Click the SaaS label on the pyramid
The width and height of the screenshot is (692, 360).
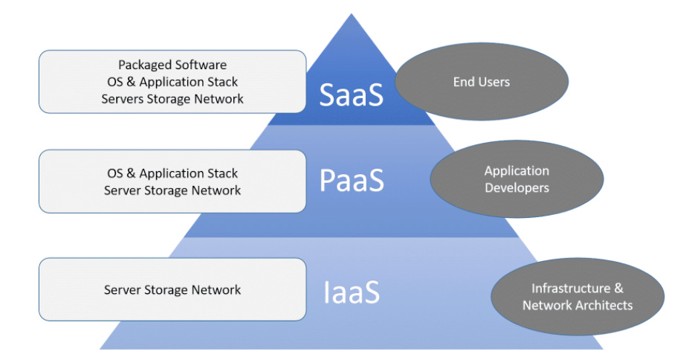[x=352, y=94]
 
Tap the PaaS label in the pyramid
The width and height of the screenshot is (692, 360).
[x=352, y=180]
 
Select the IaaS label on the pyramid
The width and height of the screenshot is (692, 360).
[x=352, y=292]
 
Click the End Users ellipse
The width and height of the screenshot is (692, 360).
[x=482, y=81]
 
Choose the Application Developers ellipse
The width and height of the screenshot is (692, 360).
[x=517, y=179]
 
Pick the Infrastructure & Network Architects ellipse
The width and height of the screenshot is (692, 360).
[x=578, y=296]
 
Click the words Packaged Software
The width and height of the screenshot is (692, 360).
[x=172, y=65]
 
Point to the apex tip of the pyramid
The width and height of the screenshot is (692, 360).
[x=352, y=13]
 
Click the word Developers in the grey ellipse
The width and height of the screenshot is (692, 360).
[x=517, y=187]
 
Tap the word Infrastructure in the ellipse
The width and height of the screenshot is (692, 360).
[x=571, y=288]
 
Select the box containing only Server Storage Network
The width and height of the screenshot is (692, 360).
[x=172, y=289]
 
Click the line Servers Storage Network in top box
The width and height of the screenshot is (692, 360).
[x=172, y=98]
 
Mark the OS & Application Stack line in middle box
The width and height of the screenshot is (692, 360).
[x=172, y=173]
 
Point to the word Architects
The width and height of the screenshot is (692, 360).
[x=605, y=305]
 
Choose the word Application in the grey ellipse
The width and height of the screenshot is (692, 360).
[x=517, y=171]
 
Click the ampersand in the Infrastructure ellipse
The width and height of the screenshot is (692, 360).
[x=618, y=288]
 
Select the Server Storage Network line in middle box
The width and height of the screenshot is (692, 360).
[x=172, y=190]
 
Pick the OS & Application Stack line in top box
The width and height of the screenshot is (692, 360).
[x=172, y=82]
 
